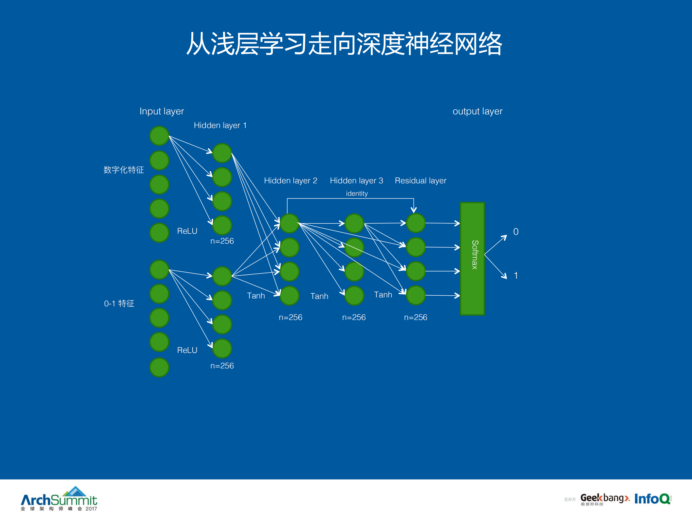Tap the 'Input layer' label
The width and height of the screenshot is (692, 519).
pos(161,111)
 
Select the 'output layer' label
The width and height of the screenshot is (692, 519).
pos(477,111)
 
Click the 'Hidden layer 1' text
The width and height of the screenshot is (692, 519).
pos(220,125)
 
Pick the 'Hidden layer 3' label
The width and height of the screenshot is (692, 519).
pos(356,181)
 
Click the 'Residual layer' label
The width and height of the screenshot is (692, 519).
pos(420,181)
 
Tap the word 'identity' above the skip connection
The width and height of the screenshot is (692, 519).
pos(357,193)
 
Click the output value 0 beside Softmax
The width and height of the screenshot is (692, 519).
pos(516,231)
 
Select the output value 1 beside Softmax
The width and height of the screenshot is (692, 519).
pos(516,275)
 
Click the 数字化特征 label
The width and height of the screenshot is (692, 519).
pos(124,170)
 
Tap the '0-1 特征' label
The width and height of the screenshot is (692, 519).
pos(119,303)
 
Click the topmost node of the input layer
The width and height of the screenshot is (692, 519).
pos(159,136)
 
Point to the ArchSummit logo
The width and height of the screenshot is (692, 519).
pos(59,499)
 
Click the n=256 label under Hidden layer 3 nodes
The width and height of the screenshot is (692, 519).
pos(354,317)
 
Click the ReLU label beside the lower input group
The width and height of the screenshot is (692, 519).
pos(187,350)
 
